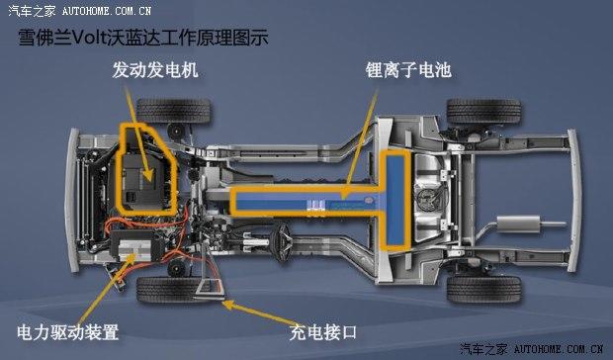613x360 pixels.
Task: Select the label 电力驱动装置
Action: pyautogui.click(x=67, y=330)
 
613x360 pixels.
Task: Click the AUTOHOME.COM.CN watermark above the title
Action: pyautogui.click(x=106, y=11)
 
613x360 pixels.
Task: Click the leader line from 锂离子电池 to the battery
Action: pyautogui.click(x=362, y=138)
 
